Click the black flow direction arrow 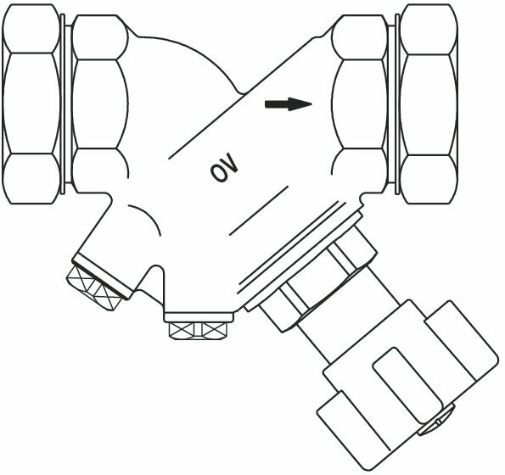(x=289, y=104)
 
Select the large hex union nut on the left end (x=31, y=104)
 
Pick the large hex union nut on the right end (x=429, y=104)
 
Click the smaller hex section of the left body (x=100, y=104)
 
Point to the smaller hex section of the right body (x=359, y=104)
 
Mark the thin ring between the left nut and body (x=63, y=104)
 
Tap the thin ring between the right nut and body (x=397, y=104)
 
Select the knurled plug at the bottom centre (x=198, y=331)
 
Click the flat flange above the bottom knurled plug (x=199, y=317)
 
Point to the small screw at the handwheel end (x=436, y=420)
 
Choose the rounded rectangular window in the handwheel (x=408, y=385)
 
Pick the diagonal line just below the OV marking (x=259, y=210)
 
